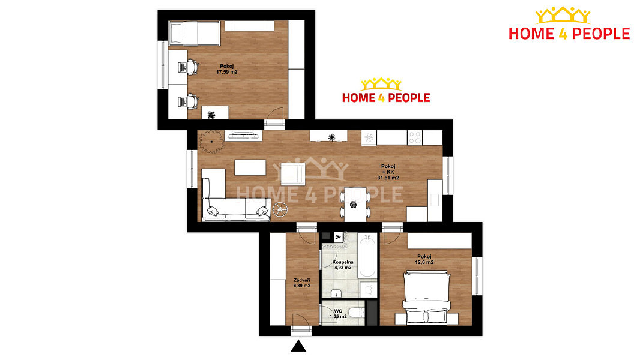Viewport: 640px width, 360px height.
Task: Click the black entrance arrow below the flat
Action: [x=298, y=346]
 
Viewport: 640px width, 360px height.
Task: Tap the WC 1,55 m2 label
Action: [x=338, y=314]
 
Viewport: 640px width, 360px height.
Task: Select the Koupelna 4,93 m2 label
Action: [x=343, y=265]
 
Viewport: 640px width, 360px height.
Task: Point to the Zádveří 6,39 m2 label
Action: [x=301, y=283]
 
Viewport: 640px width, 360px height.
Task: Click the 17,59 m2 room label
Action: [x=227, y=69]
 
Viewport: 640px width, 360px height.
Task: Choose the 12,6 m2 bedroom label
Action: [x=424, y=259]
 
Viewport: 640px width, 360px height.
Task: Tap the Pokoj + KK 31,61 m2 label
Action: [x=388, y=172]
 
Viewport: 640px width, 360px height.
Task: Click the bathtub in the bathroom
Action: [x=367, y=255]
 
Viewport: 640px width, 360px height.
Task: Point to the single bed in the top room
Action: [x=195, y=34]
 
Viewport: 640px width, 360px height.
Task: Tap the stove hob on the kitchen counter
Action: [x=415, y=138]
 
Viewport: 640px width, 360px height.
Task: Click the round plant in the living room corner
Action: [x=211, y=142]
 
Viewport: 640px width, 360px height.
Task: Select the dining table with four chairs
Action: [x=355, y=204]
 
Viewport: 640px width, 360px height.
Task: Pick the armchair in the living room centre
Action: [x=293, y=174]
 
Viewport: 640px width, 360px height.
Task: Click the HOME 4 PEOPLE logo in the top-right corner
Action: [x=569, y=23]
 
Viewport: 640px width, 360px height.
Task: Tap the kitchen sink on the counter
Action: [x=369, y=138]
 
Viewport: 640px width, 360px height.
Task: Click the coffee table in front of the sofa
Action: [x=250, y=167]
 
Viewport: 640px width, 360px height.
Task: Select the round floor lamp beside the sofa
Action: [x=280, y=209]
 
